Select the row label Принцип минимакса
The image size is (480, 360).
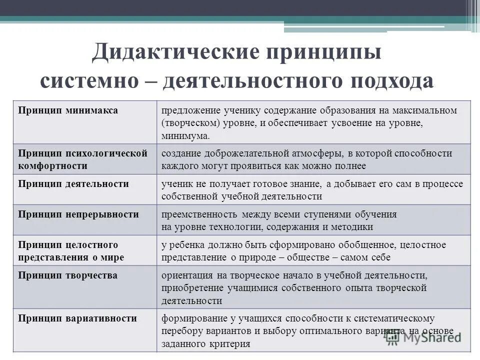click(68, 110)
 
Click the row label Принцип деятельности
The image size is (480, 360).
click(73, 183)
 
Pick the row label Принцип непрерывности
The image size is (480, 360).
click(78, 214)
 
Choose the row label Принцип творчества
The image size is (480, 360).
click(68, 275)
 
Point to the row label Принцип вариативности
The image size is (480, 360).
click(77, 318)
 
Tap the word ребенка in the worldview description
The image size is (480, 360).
click(184, 245)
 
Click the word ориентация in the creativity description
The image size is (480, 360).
click(185, 275)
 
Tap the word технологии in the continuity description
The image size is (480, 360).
click(231, 226)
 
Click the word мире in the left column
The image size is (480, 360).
click(113, 257)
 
